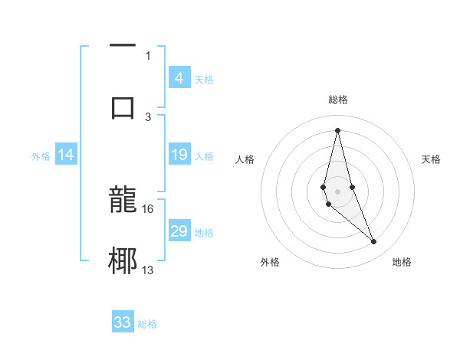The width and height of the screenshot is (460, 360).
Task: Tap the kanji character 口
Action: (123, 106)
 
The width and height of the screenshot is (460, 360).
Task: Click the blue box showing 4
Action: (179, 77)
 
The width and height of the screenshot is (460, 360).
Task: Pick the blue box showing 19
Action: (179, 155)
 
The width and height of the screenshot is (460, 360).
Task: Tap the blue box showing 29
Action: (179, 231)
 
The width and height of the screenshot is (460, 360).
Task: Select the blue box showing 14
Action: (66, 155)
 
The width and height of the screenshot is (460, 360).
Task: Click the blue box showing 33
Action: (123, 322)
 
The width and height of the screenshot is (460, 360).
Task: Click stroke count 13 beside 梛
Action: (148, 270)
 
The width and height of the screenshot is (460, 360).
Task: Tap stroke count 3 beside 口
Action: (148, 116)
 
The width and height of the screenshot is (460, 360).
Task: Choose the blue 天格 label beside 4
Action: (204, 79)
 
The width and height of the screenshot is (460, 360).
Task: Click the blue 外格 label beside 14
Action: (41, 156)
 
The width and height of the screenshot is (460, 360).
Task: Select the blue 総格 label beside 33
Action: (147, 324)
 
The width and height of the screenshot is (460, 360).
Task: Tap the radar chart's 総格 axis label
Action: (337, 100)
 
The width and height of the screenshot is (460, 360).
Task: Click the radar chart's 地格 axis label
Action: (402, 262)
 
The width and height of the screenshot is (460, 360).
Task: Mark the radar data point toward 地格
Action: (374, 242)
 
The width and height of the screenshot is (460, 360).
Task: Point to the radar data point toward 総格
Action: (337, 129)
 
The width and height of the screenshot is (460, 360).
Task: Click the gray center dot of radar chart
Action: (337, 191)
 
